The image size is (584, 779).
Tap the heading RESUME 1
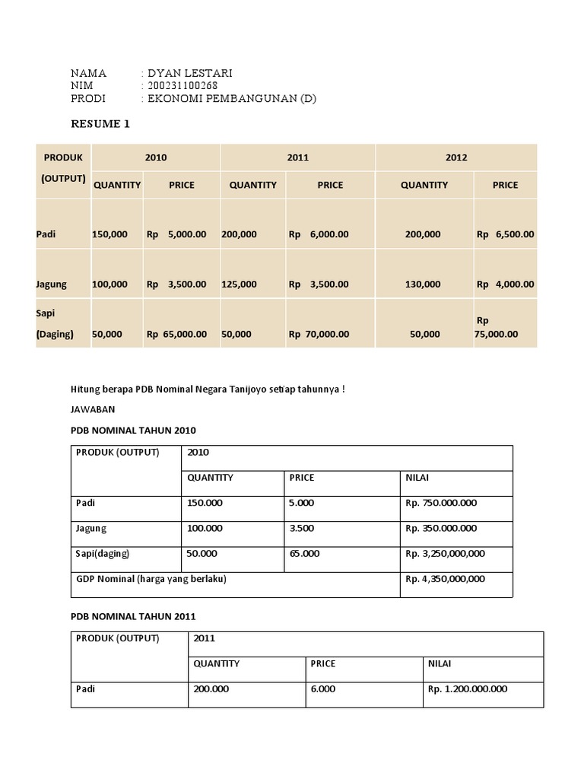tap(100, 124)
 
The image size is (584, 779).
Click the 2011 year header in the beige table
tap(298, 157)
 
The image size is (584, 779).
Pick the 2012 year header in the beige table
tap(456, 157)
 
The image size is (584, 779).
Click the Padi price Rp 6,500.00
tap(505, 234)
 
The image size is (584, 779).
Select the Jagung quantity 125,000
tap(239, 284)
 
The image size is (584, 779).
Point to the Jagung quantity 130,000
tap(423, 284)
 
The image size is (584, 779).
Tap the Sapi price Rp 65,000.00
tap(176, 333)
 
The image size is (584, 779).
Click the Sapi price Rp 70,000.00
tap(319, 333)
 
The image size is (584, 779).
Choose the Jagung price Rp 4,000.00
tap(505, 284)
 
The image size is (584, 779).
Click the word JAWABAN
tap(93, 409)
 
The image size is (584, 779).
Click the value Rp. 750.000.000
tap(441, 503)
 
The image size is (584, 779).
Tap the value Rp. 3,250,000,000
tap(445, 553)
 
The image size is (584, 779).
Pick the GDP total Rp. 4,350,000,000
tap(445, 579)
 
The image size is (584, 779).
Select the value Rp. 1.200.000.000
tap(468, 689)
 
